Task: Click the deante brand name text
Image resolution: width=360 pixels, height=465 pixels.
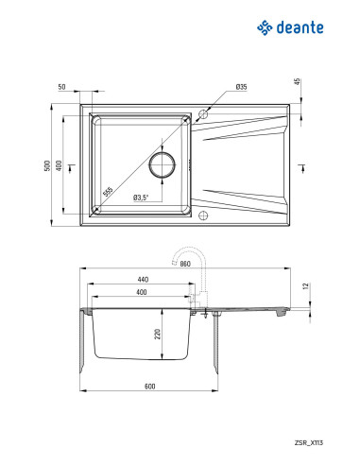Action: click(300, 27)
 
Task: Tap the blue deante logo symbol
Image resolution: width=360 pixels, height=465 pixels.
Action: click(265, 27)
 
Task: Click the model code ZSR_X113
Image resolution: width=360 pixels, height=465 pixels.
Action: click(309, 442)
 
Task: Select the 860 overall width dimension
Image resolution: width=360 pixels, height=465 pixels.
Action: click(185, 264)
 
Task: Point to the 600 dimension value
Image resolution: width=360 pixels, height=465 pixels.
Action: click(150, 387)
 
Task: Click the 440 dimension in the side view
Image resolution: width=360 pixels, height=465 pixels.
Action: click(143, 280)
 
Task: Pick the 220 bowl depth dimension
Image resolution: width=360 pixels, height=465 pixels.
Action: click(158, 334)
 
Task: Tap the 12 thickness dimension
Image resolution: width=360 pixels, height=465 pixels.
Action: click(305, 286)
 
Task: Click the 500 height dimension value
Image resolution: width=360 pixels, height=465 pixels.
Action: click(47, 165)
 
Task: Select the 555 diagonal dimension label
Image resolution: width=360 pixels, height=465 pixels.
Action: click(108, 192)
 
